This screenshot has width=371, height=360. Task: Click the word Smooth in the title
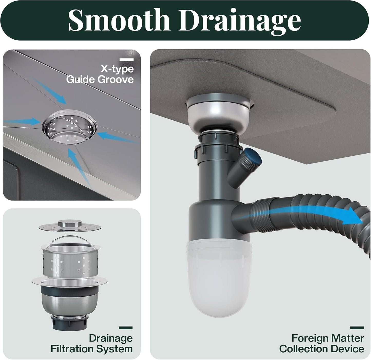[119, 20]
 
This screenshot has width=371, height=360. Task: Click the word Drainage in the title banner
[240, 22]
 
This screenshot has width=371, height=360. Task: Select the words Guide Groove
[100, 79]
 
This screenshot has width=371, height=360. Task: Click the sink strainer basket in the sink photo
[69, 127]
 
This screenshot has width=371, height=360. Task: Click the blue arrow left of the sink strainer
[22, 121]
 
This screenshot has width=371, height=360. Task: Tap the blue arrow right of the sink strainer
[118, 137]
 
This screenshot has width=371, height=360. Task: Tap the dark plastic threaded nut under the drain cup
[70, 324]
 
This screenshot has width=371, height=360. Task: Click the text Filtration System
[91, 349]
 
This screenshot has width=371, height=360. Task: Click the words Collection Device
[322, 349]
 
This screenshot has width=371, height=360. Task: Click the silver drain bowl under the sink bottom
[219, 112]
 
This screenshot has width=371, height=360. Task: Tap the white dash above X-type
[127, 60]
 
